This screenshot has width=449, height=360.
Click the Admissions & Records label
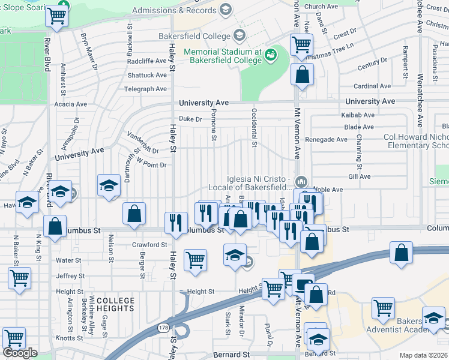tap(173, 10)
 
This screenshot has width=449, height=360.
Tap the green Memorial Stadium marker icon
tap(271, 55)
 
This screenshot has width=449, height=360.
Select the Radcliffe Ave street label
tap(147, 61)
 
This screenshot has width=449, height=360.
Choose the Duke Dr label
tap(190, 119)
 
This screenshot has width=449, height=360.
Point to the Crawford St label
tap(149, 245)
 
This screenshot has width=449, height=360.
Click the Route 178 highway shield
tap(163, 328)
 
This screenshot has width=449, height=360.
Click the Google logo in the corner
tap(20, 353)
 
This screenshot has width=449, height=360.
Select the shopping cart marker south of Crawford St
tap(195, 260)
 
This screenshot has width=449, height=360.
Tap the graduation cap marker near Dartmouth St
tap(109, 185)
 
